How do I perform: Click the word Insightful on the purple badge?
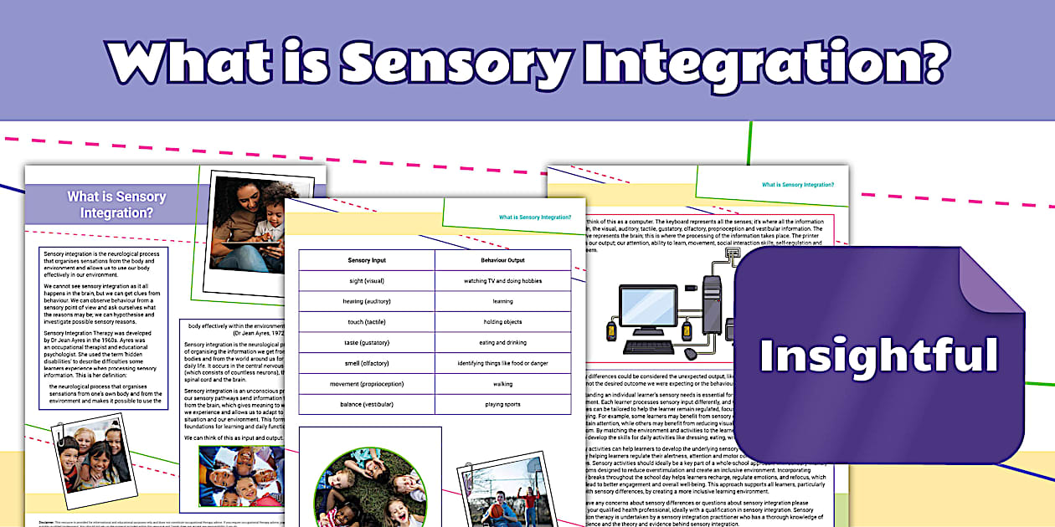878,355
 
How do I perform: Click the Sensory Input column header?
367,260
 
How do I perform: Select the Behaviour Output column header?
502,260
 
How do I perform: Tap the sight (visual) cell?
367,281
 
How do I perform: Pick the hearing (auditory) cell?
367,301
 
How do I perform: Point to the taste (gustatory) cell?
367,343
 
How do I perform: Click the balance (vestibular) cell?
367,404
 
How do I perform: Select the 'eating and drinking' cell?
502,343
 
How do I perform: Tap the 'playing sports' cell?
502,404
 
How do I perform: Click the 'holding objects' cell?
502,322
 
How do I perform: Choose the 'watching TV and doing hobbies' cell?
502,281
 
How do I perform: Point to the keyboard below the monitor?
653,347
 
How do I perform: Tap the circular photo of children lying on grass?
371,489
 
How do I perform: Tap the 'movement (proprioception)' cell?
367,384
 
